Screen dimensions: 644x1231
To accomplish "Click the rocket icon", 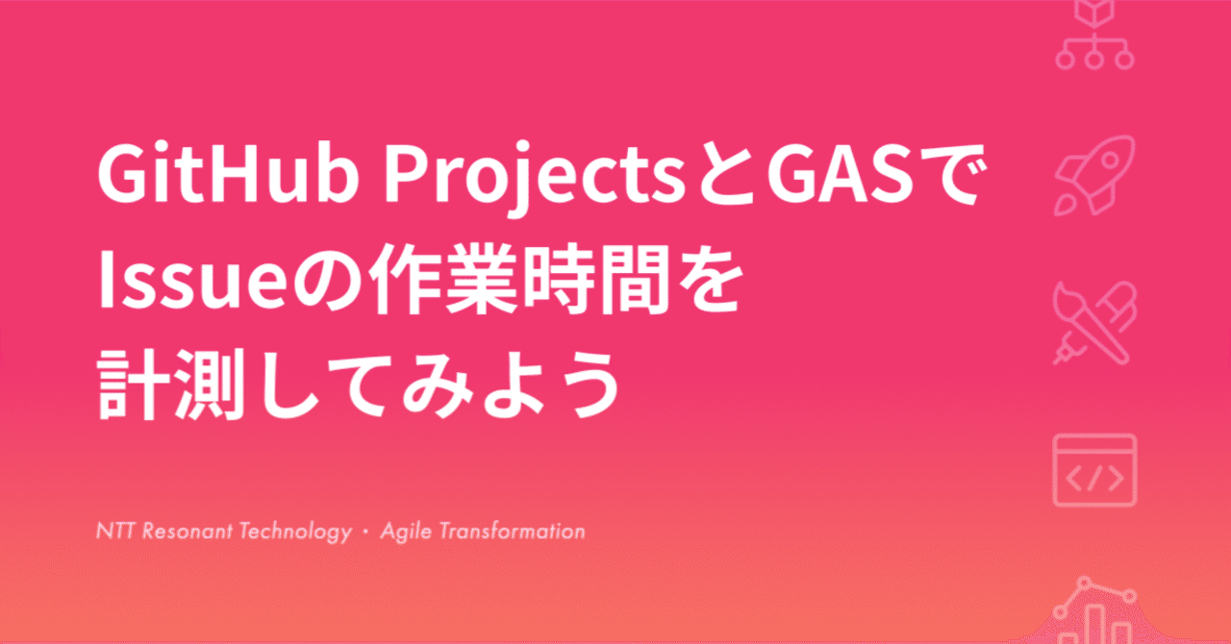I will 1094,171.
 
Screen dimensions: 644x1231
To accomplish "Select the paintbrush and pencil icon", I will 1094,321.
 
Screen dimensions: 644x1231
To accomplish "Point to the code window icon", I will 1094,471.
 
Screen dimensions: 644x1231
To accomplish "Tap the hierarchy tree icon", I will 1094,38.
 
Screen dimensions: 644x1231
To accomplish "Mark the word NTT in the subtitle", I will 116,531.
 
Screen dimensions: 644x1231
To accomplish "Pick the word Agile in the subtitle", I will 406,531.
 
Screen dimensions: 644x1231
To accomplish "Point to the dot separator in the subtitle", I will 365,532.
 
